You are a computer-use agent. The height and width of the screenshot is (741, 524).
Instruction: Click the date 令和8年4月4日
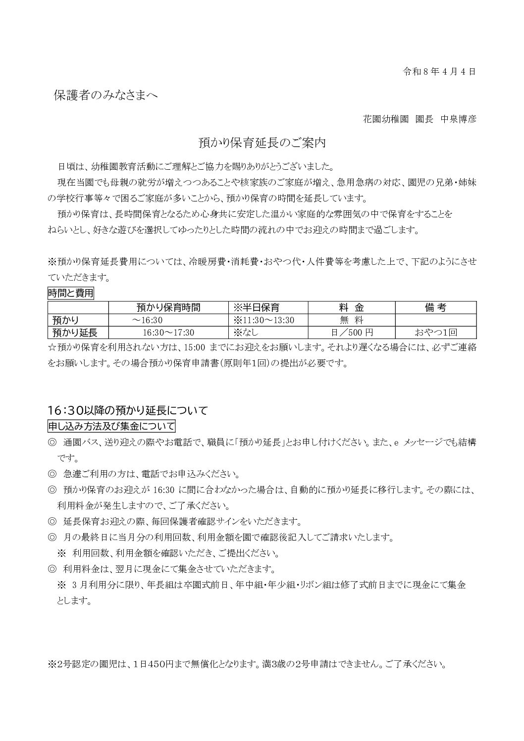pos(439,71)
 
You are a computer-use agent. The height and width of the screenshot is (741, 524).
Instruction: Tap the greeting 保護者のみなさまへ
pos(105,96)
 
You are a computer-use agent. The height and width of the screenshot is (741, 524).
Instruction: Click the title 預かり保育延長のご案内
pos(262,143)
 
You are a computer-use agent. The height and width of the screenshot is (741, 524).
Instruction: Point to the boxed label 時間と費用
pos(71,293)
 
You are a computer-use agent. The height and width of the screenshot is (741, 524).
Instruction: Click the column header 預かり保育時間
pos(168,307)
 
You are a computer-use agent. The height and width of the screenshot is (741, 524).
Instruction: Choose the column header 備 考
pos(435,307)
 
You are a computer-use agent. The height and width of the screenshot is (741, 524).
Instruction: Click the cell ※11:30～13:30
pos(263,320)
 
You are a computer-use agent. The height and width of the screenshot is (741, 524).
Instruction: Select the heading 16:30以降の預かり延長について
pos(127,410)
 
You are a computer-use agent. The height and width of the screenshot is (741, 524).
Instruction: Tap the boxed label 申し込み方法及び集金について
pos(111,426)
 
